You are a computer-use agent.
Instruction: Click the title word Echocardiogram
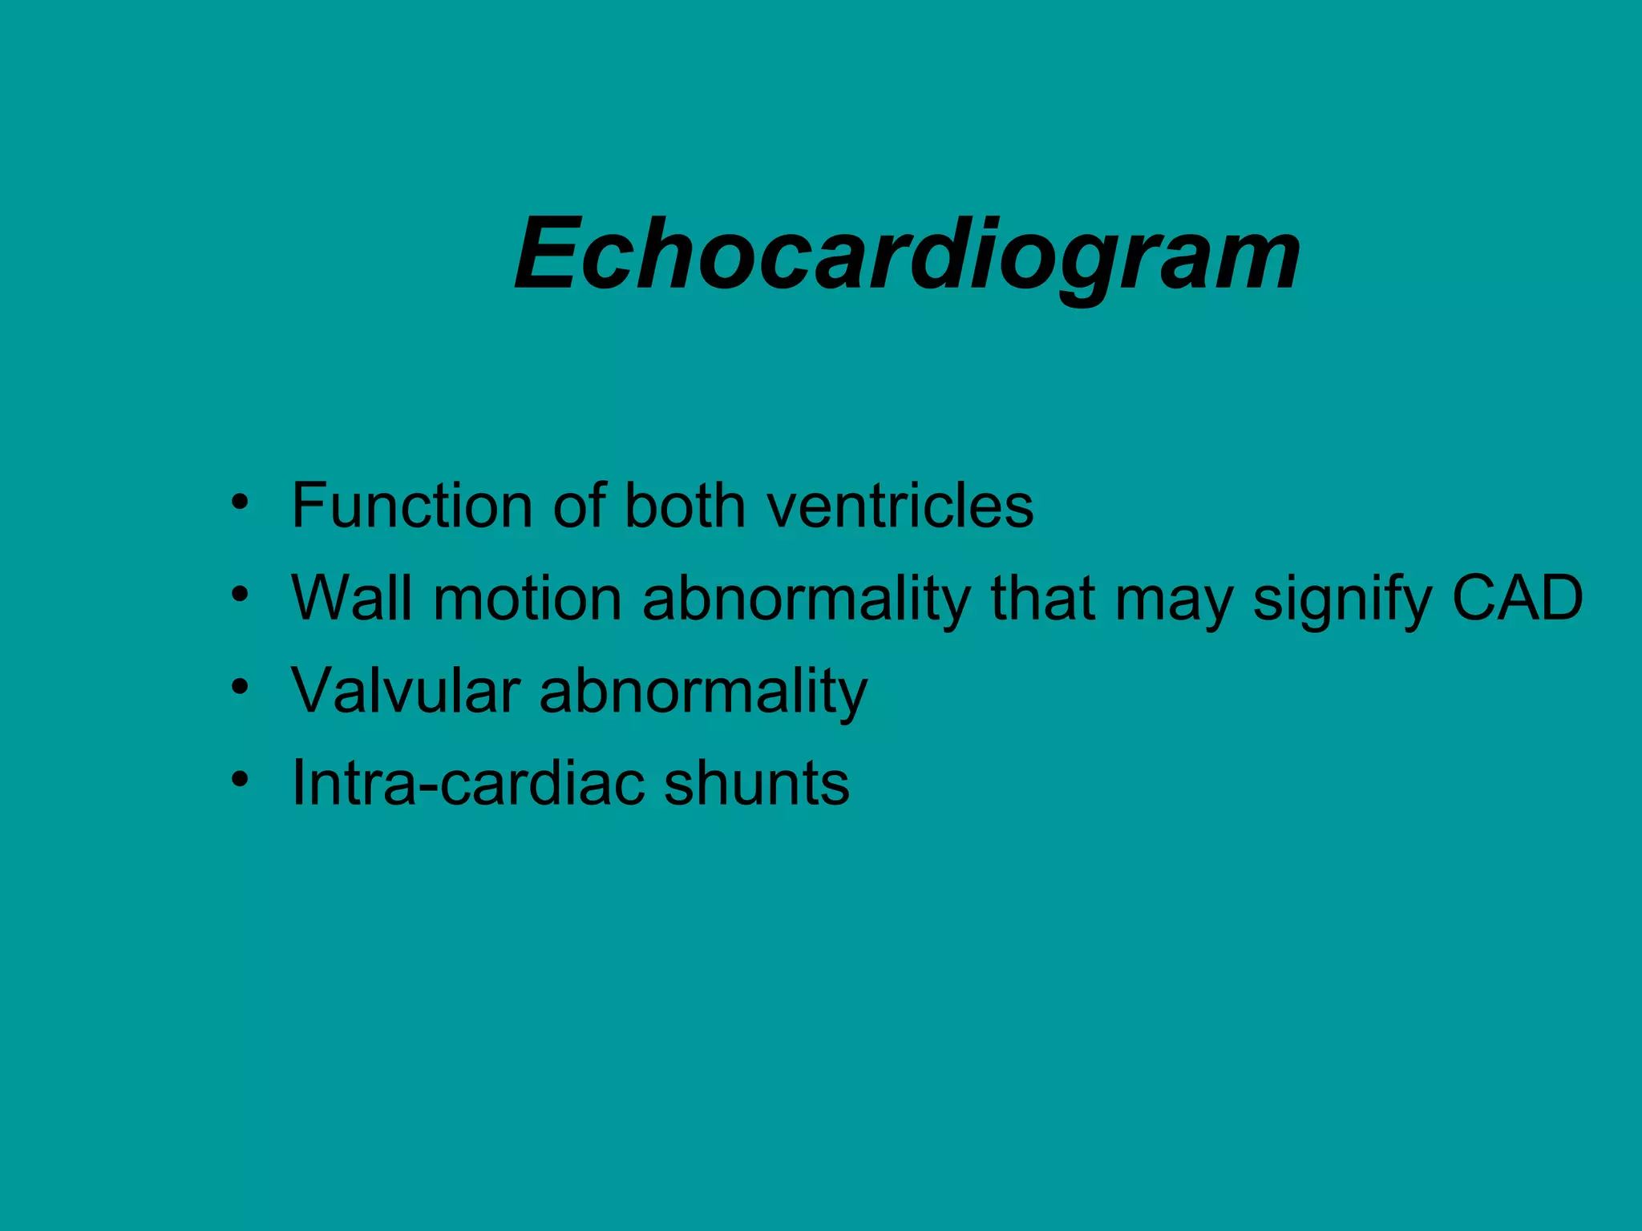(x=907, y=255)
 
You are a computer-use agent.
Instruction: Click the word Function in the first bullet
(x=411, y=506)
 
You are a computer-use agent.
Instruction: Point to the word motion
(x=528, y=598)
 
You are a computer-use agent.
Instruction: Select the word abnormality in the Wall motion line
(x=807, y=599)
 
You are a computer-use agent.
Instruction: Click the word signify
(x=1341, y=599)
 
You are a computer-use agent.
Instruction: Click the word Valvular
(x=405, y=690)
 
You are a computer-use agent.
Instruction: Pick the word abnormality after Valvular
(x=703, y=692)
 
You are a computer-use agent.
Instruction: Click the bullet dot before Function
(x=240, y=503)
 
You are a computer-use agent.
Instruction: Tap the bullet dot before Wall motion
(x=240, y=595)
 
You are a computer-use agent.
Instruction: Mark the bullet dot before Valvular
(x=240, y=688)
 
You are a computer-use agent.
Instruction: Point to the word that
(x=1042, y=598)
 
